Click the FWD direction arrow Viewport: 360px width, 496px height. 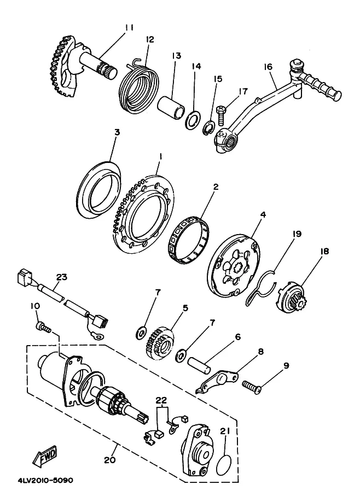click(45, 456)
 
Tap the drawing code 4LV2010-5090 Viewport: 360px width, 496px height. click(45, 481)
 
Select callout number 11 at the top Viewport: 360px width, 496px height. click(129, 27)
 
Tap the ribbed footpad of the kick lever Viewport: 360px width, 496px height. click(319, 83)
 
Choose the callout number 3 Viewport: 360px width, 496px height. click(117, 132)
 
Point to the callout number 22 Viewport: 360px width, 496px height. click(161, 400)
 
